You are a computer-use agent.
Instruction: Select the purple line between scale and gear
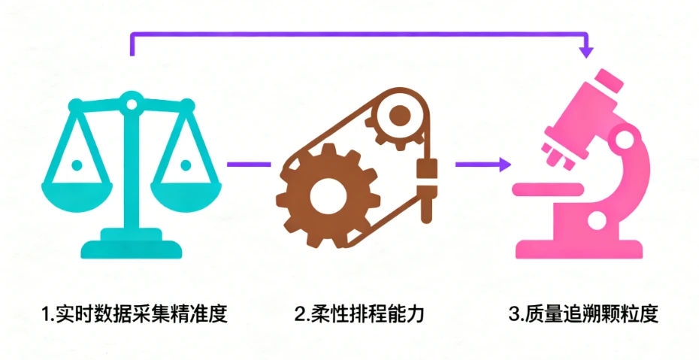click(247, 163)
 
